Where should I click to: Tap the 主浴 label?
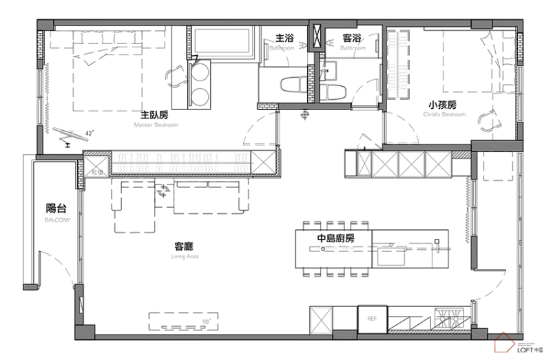click(x=284, y=38)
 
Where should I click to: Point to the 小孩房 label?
click(x=441, y=105)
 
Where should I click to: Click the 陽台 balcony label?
click(x=55, y=209)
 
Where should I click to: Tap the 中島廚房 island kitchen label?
click(x=335, y=238)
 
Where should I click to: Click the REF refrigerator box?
click(x=372, y=319)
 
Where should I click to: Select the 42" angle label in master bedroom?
click(x=90, y=131)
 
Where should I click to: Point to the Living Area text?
click(x=183, y=256)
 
